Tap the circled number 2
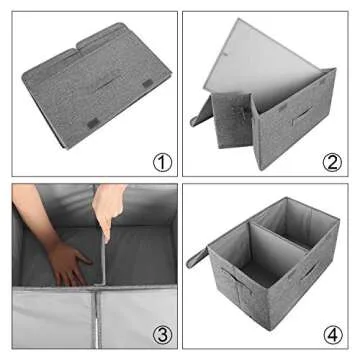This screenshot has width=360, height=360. click(330, 161)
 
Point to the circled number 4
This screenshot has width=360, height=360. click(330, 333)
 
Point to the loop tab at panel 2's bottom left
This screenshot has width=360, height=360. click(200, 118)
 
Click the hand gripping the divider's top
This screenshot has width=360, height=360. click(109, 205)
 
